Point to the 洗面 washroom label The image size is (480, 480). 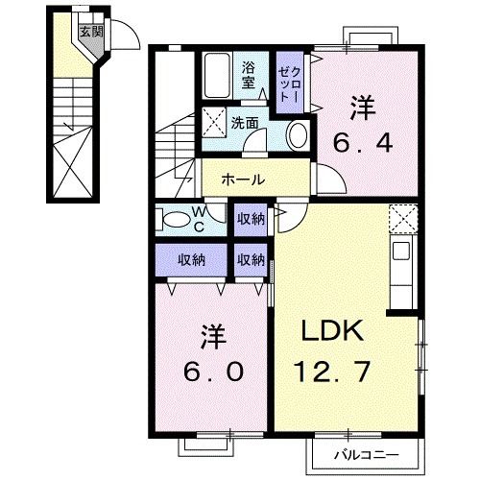tap(245, 123)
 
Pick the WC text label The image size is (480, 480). tap(197, 220)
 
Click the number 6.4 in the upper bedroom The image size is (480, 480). tap(361, 145)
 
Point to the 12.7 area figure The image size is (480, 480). tap(333, 369)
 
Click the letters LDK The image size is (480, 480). tap(333, 332)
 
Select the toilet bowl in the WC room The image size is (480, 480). tap(176, 220)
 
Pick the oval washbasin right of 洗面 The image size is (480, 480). tap(297, 133)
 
